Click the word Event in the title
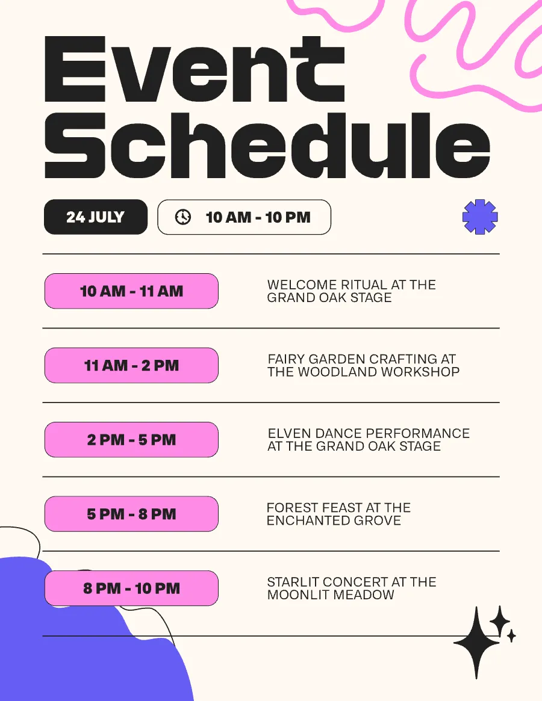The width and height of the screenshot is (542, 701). [x=195, y=69]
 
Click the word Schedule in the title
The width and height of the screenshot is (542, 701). [x=267, y=145]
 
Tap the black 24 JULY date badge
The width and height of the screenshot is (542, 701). [x=96, y=217]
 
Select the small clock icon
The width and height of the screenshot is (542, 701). [x=182, y=217]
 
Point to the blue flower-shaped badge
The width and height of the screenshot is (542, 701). [x=480, y=217]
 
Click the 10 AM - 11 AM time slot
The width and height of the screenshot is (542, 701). [x=131, y=291]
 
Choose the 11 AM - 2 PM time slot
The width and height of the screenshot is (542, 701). [x=131, y=365]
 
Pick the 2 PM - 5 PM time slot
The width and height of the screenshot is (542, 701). [x=131, y=439]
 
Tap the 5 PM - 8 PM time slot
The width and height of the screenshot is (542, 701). [x=131, y=514]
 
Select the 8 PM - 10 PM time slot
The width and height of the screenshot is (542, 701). [x=131, y=588]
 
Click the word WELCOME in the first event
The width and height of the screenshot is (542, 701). [x=302, y=285]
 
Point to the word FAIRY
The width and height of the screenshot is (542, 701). [x=287, y=359]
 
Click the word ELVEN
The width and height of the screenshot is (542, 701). [x=290, y=433]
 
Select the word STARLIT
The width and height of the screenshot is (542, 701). [x=293, y=582]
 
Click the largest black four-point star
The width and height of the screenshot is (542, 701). [x=476, y=643]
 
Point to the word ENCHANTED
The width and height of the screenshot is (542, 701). [x=308, y=520]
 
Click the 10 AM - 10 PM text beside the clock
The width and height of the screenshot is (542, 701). [x=258, y=217]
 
